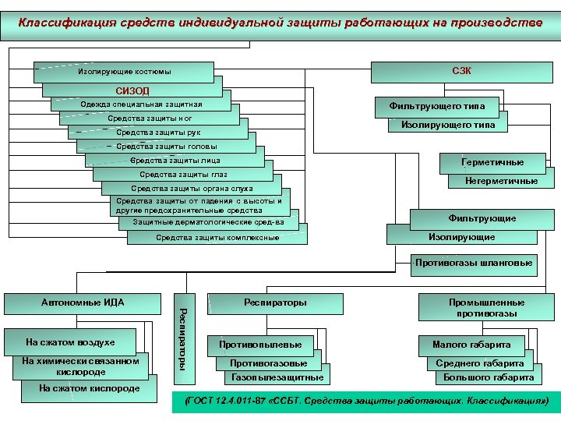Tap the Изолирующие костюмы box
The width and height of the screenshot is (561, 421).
(x=125, y=73)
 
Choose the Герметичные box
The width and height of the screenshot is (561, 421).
(x=492, y=163)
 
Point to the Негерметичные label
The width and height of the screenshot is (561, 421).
(x=501, y=181)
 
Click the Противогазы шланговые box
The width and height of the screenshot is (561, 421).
(x=474, y=264)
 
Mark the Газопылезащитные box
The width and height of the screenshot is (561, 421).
(x=277, y=378)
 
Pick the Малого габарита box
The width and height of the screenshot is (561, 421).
(x=471, y=344)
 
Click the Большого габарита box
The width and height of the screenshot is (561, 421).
(x=489, y=378)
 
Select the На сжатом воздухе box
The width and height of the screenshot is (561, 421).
(x=71, y=342)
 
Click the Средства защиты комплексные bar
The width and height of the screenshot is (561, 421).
(x=217, y=237)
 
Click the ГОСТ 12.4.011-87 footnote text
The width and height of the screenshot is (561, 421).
(x=365, y=402)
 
